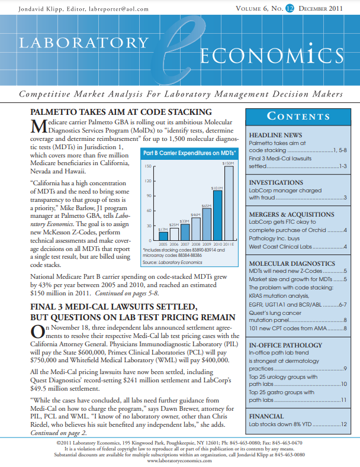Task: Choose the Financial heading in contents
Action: tap(267, 417)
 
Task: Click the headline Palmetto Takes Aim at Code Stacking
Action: tap(121, 113)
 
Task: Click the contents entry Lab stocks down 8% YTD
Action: tap(278, 424)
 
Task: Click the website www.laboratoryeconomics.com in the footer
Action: tap(179, 462)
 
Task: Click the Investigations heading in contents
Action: tap(277, 182)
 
